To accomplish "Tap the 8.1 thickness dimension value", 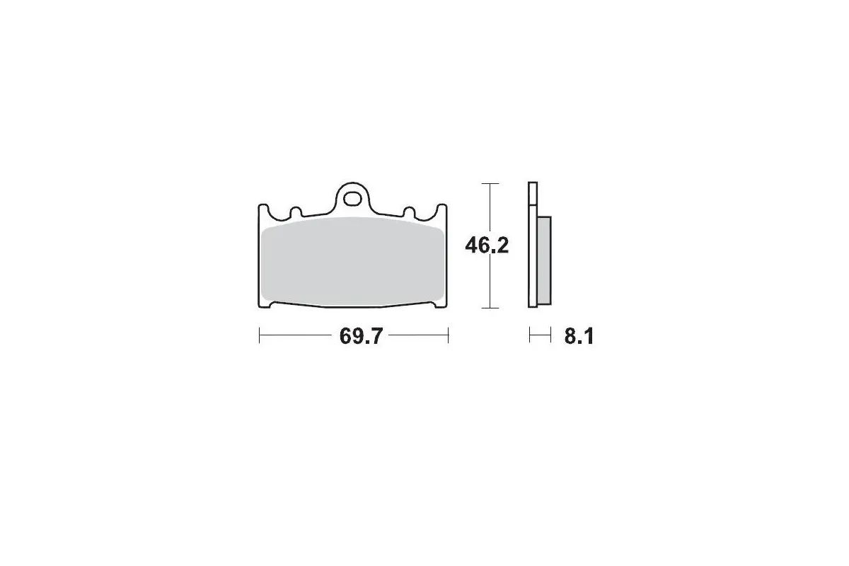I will (x=578, y=337).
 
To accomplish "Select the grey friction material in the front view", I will (x=352, y=262).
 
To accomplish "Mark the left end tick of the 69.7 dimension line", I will (x=260, y=336).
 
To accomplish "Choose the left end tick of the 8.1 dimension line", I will (x=529, y=336).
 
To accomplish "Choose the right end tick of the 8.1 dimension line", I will (x=550, y=336).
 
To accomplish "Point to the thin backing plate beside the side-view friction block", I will (x=532, y=269).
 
